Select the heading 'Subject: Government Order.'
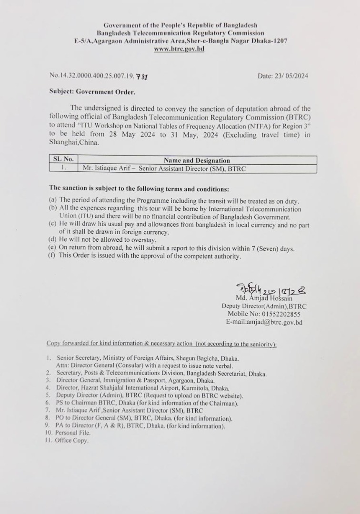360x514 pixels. click(x=92, y=91)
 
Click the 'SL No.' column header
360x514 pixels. click(x=62, y=160)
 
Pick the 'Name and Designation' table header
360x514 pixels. click(x=197, y=160)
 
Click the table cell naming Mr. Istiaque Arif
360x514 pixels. click(x=164, y=168)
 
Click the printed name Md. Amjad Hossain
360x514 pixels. click(x=264, y=298)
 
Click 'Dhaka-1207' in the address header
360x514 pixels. click(x=270, y=41)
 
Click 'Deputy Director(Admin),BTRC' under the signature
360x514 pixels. click(x=264, y=306)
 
